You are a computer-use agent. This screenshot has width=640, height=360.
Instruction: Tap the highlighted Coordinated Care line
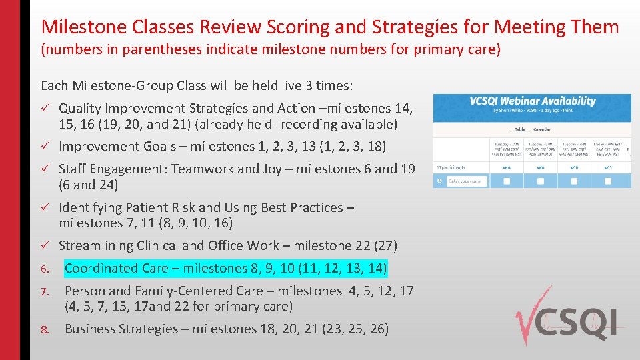point(225,268)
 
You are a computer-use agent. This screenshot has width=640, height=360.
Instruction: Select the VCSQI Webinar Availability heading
point(532,101)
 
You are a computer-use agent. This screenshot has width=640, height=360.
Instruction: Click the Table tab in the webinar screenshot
point(521,129)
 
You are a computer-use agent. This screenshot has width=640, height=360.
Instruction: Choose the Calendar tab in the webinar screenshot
point(541,129)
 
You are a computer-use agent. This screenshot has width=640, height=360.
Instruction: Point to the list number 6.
point(45,269)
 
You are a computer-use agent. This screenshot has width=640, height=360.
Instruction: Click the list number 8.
point(45,329)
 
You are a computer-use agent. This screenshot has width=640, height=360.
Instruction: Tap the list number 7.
point(45,292)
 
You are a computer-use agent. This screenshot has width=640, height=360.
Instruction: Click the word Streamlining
point(95,245)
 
